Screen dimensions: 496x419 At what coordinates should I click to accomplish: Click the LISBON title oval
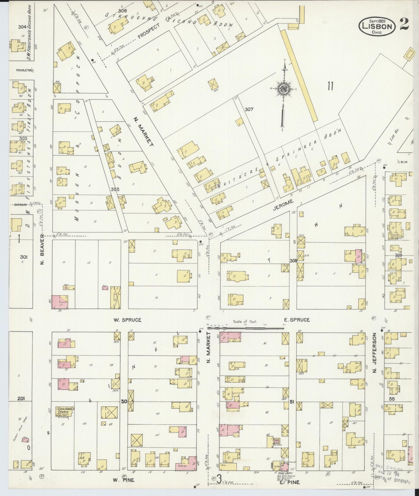coord(378,26)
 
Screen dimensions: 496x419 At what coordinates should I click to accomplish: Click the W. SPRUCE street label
coord(127,320)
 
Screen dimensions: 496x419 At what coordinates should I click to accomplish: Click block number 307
coord(249,109)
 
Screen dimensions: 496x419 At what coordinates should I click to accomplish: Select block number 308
coord(293,260)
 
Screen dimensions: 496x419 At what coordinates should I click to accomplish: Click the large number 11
coord(330,86)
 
